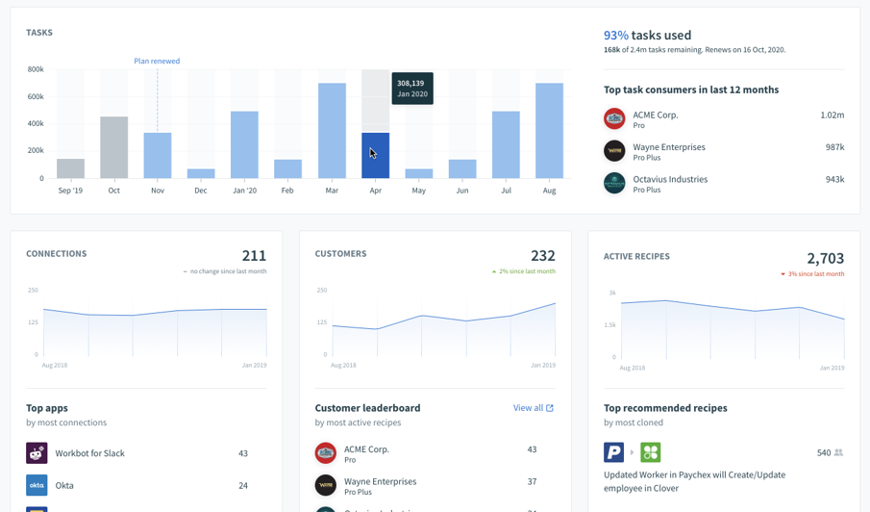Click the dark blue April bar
pyautogui.click(x=375, y=156)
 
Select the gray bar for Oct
pyautogui.click(x=113, y=147)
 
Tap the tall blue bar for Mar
pyautogui.click(x=332, y=131)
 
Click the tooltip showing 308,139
pyautogui.click(x=412, y=89)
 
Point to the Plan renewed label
pyautogui.click(x=157, y=61)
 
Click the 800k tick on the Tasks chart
pyautogui.click(x=35, y=69)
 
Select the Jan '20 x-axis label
pyautogui.click(x=244, y=191)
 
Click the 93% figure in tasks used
pyautogui.click(x=615, y=36)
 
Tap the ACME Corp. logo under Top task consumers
pyautogui.click(x=614, y=118)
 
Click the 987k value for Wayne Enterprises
pyautogui.click(x=834, y=147)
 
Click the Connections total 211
pyautogui.click(x=254, y=256)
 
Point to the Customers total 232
pyautogui.click(x=542, y=256)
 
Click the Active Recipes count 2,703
pyautogui.click(x=825, y=258)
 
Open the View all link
pyautogui.click(x=533, y=408)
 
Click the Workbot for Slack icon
pyautogui.click(x=37, y=453)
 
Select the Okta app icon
pyautogui.click(x=37, y=485)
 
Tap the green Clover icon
pyautogui.click(x=651, y=452)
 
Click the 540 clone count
pyautogui.click(x=823, y=452)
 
